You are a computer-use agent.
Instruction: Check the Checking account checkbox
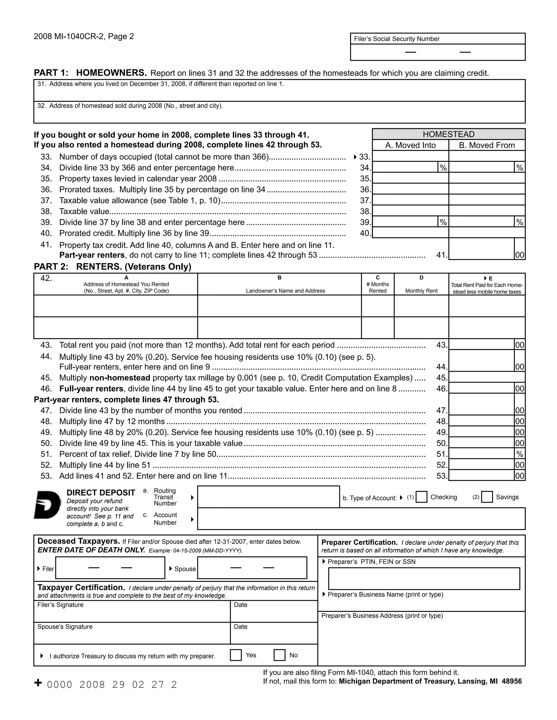421,497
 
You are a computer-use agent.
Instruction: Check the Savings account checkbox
487,497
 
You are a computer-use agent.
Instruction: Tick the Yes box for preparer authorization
236,655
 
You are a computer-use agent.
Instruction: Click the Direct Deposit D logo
48,505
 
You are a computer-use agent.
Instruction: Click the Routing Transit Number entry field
268,497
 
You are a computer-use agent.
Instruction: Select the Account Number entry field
361,519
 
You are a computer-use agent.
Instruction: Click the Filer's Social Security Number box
438,52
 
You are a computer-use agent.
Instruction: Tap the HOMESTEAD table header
448,134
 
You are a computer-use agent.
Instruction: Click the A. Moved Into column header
410,145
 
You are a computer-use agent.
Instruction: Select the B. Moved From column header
487,145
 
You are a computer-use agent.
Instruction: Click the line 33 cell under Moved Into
410,156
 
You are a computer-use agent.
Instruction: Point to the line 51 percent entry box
481,454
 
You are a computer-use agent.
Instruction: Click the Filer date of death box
110,568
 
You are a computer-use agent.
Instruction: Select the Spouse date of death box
252,568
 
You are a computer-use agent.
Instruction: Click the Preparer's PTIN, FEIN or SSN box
424,578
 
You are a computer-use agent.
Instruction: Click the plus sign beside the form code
38,683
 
